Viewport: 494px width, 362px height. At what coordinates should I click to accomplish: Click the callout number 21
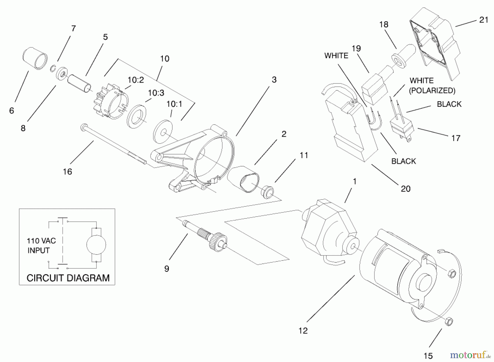484,20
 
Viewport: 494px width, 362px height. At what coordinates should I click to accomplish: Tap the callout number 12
303,331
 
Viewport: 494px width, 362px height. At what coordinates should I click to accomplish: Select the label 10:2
136,80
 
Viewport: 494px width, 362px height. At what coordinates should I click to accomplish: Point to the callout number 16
68,172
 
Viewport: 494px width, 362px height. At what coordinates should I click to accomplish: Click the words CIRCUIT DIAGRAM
68,278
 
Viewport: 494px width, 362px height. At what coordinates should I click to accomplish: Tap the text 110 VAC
41,241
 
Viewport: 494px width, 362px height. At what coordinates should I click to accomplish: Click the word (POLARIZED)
432,90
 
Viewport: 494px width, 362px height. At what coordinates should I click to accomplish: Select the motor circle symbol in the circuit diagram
96,245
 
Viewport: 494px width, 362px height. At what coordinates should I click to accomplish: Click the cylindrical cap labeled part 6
35,58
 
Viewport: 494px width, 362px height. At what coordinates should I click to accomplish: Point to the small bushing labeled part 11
267,191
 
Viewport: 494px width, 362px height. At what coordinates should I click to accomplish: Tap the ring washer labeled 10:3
136,116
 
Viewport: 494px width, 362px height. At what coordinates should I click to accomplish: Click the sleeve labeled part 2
243,179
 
